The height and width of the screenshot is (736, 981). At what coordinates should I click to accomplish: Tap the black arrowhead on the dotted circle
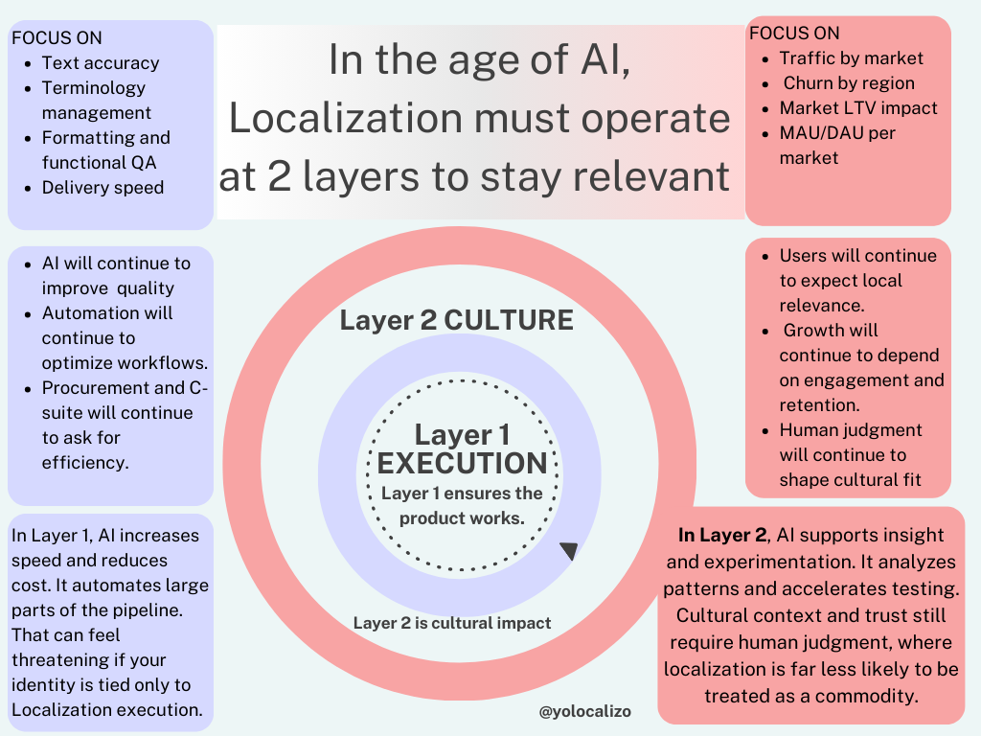(x=569, y=551)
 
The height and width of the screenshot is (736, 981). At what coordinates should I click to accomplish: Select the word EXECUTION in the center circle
(x=462, y=464)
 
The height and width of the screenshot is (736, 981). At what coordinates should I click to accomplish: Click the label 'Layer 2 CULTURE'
(x=456, y=320)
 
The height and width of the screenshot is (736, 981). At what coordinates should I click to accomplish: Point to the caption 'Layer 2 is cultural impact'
(x=452, y=623)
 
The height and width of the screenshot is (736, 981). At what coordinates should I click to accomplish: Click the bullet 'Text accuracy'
(x=101, y=63)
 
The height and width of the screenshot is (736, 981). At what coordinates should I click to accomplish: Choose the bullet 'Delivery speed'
(x=103, y=188)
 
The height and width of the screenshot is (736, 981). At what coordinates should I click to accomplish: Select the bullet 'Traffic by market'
(x=851, y=58)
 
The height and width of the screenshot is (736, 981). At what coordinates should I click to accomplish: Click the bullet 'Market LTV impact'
(x=858, y=108)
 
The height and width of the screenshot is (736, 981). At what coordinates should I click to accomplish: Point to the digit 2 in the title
(x=280, y=177)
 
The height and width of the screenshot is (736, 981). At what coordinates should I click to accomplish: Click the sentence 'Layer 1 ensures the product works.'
(x=462, y=505)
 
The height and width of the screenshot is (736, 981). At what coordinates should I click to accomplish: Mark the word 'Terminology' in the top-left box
(x=94, y=88)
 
